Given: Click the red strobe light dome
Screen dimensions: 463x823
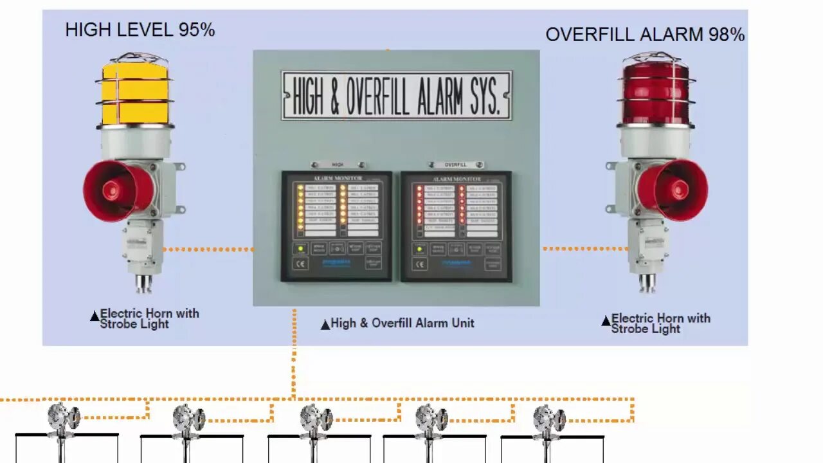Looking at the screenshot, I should (x=656, y=92).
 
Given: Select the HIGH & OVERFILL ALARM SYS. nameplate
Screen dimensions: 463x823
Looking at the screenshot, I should (x=396, y=95).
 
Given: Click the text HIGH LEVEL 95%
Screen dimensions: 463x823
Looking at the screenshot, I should (x=140, y=30).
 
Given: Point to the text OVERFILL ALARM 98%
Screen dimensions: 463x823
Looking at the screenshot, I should (x=645, y=34).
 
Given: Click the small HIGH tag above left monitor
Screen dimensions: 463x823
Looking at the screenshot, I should (x=338, y=165).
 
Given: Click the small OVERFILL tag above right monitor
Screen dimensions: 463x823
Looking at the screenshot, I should (x=455, y=165).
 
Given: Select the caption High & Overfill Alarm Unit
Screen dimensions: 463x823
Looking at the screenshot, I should (x=402, y=323).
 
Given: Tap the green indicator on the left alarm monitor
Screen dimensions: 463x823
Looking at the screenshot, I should (x=300, y=248).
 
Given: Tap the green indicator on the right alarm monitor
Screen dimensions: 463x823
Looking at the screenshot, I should (x=419, y=248).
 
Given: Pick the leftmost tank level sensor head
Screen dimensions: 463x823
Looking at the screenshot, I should (x=64, y=417).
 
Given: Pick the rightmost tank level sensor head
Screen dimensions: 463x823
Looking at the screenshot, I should (x=550, y=417).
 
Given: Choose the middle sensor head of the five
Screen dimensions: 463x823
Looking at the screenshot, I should (x=316, y=417).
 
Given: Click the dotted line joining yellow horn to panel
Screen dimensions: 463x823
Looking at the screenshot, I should (x=208, y=249).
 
